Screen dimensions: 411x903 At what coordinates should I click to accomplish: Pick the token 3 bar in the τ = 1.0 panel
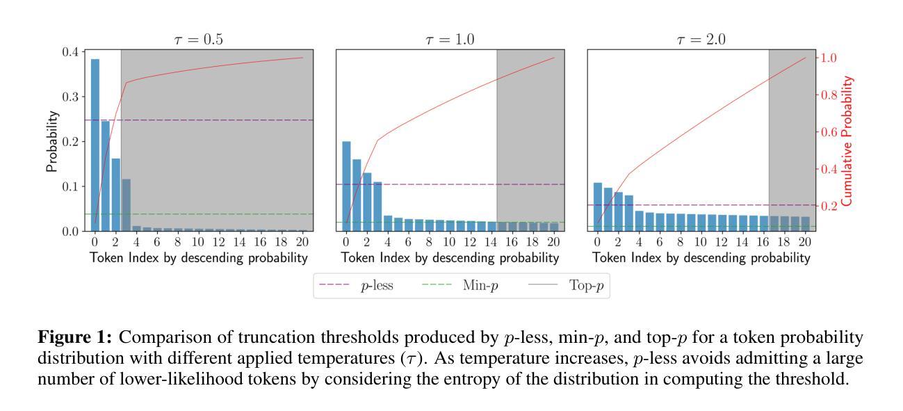click(377, 206)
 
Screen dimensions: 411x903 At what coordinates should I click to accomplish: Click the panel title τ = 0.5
click(199, 40)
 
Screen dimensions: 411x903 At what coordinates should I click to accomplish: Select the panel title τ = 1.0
click(450, 40)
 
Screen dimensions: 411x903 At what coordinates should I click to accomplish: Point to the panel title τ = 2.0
click(701, 40)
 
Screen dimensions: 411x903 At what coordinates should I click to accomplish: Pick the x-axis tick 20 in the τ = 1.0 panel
click(554, 243)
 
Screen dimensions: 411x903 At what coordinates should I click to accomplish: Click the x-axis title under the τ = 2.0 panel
click(701, 258)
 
